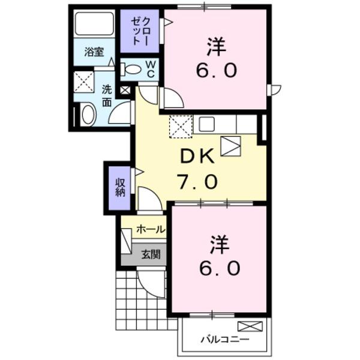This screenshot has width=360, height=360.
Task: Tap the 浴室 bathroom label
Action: pyautogui.click(x=94, y=52)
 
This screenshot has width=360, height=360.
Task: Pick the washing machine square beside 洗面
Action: pyautogui.click(x=83, y=82)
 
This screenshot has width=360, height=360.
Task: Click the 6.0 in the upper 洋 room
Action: pyautogui.click(x=215, y=71)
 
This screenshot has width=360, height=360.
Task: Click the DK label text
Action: pyautogui.click(x=198, y=158)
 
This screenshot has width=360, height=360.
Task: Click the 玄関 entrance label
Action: pyautogui.click(x=151, y=254)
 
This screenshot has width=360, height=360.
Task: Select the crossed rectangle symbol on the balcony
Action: pyautogui.click(x=250, y=327)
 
